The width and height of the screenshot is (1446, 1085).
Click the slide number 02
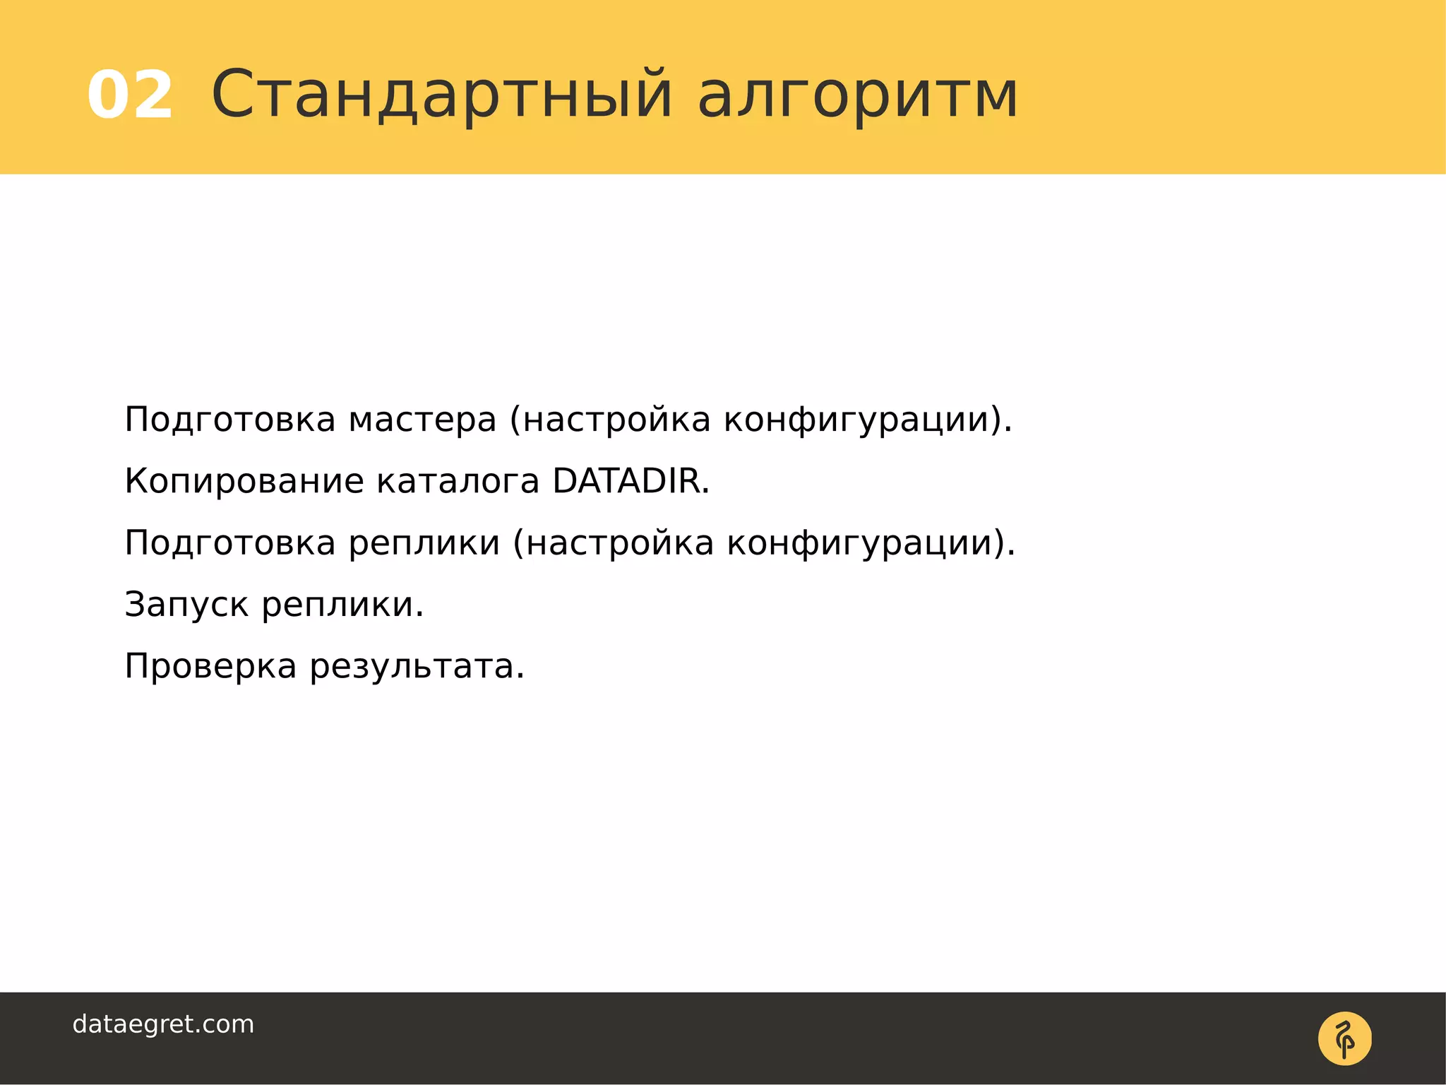tap(130, 95)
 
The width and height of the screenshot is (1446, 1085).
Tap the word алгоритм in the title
tap(858, 95)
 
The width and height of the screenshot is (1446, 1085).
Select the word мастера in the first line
tap(422, 420)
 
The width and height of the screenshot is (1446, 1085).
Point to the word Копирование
tap(244, 482)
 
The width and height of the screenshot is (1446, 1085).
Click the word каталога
tap(458, 482)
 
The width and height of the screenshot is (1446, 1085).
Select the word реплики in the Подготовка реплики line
tap(424, 544)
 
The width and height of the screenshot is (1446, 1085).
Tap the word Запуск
tap(186, 605)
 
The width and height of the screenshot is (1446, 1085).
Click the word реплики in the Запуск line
tap(342, 605)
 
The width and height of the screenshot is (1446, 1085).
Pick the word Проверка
tap(210, 667)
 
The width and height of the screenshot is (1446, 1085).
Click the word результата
tap(417, 667)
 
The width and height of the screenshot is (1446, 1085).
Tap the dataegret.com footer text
tap(163, 1024)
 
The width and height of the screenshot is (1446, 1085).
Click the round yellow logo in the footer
tap(1344, 1038)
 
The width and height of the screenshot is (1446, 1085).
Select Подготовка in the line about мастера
tap(229, 420)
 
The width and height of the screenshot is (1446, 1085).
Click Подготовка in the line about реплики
tap(229, 544)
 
